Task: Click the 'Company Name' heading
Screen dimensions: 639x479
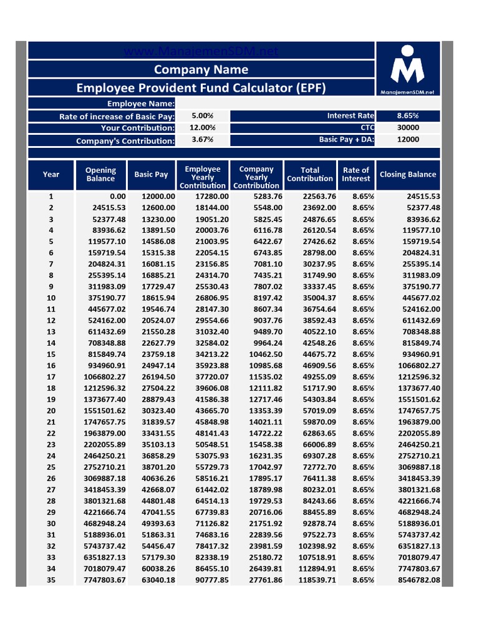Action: coord(201,69)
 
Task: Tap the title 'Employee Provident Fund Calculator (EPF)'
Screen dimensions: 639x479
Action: coord(201,87)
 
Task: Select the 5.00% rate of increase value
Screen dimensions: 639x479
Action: coord(203,116)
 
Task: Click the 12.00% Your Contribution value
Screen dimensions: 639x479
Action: coord(203,128)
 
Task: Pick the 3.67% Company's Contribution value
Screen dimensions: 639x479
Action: coord(203,140)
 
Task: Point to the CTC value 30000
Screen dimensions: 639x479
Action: coord(408,128)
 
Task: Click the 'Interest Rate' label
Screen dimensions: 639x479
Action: coord(351,116)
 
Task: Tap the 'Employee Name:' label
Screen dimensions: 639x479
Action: coord(140,104)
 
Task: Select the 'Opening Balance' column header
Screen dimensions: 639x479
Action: coord(100,175)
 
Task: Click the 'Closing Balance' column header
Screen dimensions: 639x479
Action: coord(408,175)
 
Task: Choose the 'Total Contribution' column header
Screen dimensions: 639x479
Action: coord(310,175)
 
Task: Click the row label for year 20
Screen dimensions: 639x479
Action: coord(51,411)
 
